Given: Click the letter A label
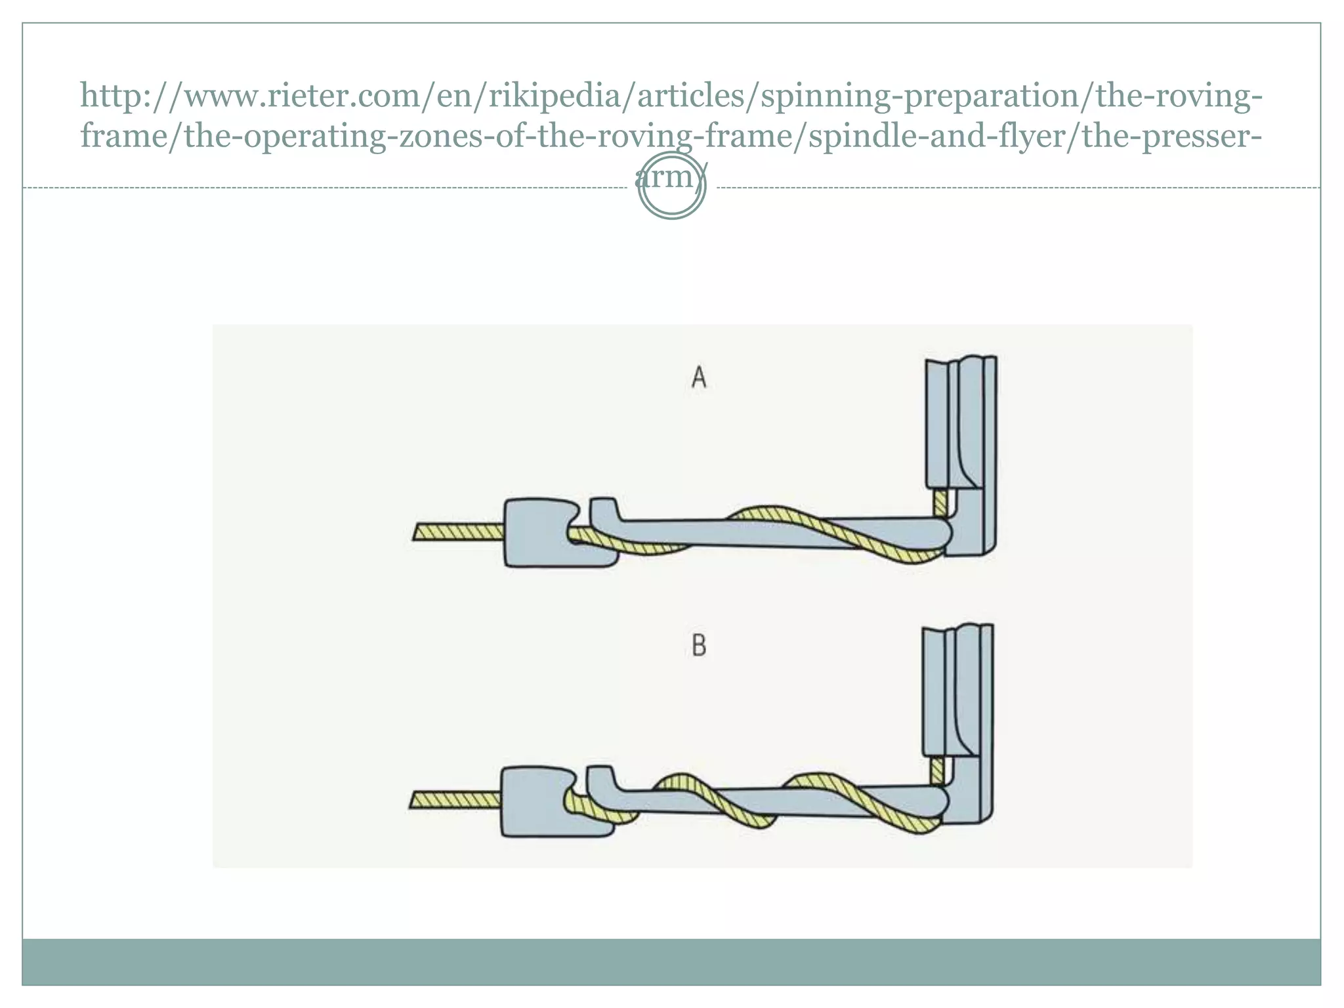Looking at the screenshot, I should (x=699, y=378).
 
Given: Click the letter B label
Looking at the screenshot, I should (x=699, y=646).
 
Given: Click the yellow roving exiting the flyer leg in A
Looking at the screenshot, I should (x=940, y=503).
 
